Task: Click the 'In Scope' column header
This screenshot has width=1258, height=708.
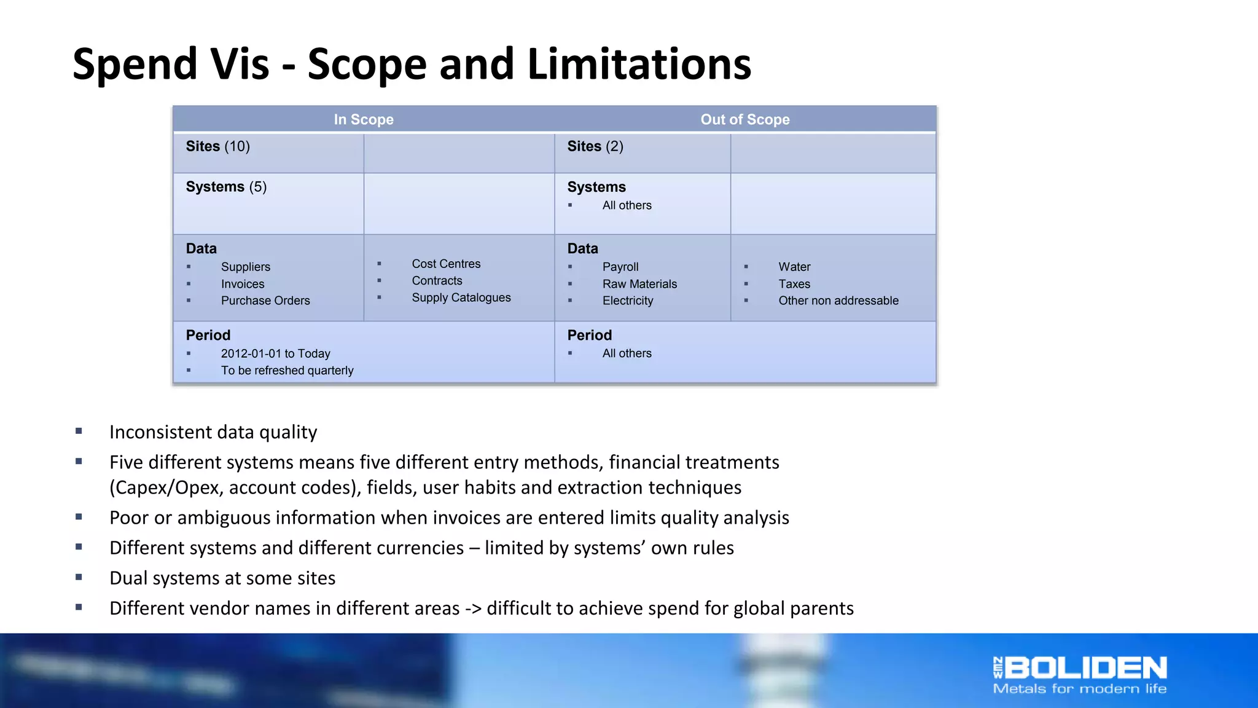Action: [364, 119]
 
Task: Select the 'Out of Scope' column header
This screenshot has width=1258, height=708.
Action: [744, 119]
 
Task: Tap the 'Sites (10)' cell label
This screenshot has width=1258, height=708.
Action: [217, 146]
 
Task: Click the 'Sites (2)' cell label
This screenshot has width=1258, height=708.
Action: [595, 146]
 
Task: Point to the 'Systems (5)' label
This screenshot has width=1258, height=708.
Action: [226, 187]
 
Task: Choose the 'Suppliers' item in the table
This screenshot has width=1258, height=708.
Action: [245, 267]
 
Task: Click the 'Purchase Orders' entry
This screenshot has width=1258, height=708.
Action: [265, 301]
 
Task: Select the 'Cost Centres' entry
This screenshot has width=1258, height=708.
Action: [446, 264]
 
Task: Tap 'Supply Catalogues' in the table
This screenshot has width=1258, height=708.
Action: [461, 297]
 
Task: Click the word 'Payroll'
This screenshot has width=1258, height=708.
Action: [620, 267]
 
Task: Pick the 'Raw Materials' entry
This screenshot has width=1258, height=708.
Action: [639, 284]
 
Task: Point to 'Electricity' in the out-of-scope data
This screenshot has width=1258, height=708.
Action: [627, 301]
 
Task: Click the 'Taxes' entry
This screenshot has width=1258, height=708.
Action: [794, 284]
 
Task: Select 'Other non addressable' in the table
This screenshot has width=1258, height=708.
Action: [838, 301]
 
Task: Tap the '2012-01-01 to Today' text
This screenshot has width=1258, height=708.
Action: [275, 353]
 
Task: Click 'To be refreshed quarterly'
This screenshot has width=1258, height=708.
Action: [287, 371]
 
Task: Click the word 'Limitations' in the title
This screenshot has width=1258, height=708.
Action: [639, 64]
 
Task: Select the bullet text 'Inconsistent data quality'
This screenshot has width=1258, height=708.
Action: [213, 432]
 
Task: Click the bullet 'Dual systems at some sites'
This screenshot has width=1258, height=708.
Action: [222, 578]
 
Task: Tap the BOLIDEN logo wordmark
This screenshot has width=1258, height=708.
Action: [1085, 668]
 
